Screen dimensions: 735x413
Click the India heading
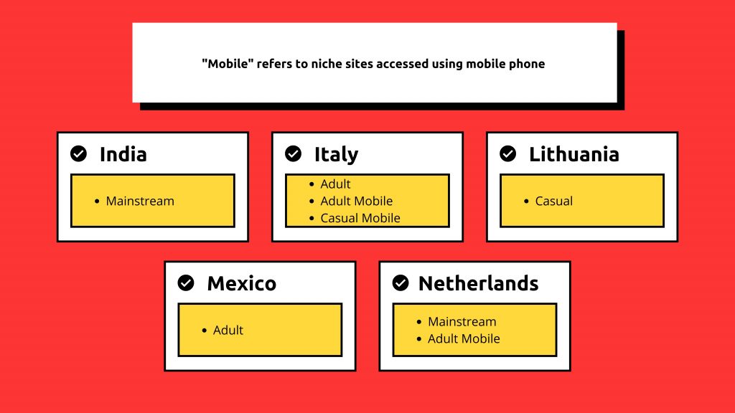click(x=123, y=154)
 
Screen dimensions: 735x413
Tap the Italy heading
click(x=336, y=155)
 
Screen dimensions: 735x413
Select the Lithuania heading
click(x=574, y=154)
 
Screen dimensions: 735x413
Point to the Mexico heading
click(x=241, y=283)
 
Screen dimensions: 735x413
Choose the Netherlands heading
click(x=478, y=283)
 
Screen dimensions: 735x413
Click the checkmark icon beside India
click(x=78, y=153)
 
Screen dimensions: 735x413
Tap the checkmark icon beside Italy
click(x=293, y=153)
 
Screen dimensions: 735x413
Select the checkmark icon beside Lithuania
click(x=507, y=153)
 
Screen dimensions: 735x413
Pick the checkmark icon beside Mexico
click(x=186, y=283)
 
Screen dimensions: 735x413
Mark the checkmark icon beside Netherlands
click(x=401, y=283)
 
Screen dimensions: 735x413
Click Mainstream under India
click(x=140, y=201)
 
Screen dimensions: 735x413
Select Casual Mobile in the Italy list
click(x=360, y=218)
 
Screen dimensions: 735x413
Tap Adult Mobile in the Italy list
click(x=356, y=201)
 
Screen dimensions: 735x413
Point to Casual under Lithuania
click(x=553, y=201)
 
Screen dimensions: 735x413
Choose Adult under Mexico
click(x=228, y=330)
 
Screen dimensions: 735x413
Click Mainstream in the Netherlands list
click(x=462, y=322)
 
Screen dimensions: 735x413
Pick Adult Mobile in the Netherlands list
click(x=464, y=338)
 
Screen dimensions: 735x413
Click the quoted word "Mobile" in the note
click(x=228, y=64)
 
